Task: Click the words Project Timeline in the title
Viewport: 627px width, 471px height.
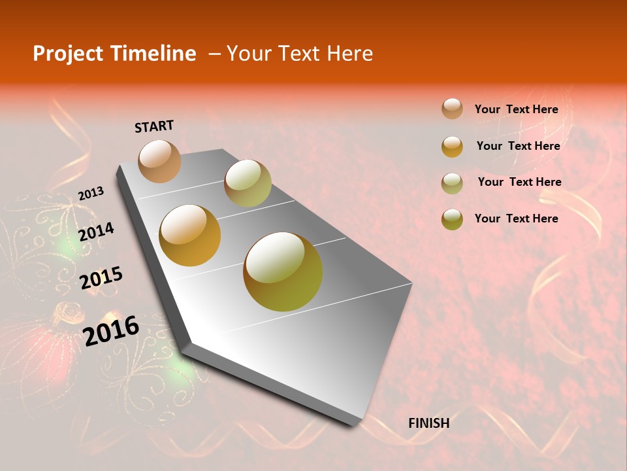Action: tap(114, 54)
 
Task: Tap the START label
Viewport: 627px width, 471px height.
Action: tap(154, 126)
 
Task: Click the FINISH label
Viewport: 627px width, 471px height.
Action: tap(428, 423)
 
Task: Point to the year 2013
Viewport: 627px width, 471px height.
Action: tap(91, 193)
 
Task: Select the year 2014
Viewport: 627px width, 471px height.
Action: tap(96, 232)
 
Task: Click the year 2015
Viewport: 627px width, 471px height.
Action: tap(101, 277)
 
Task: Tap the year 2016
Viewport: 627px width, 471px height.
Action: tap(111, 330)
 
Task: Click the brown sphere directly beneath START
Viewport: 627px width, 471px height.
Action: tap(159, 161)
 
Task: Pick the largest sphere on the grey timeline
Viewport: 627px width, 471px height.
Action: tap(283, 271)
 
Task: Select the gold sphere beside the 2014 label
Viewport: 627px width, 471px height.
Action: tap(190, 235)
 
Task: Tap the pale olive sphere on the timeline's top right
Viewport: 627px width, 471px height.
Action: tap(248, 183)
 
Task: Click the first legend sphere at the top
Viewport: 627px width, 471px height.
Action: tap(452, 109)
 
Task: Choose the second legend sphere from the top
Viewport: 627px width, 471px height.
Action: tap(452, 147)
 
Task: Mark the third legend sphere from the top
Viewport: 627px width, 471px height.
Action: tap(452, 183)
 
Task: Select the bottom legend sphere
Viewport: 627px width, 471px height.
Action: tap(452, 219)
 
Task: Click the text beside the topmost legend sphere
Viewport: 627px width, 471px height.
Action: tap(516, 110)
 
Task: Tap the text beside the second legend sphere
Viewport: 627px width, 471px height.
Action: tap(518, 146)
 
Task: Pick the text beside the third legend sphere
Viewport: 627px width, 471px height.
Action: tap(519, 182)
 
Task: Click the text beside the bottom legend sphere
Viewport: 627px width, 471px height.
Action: tap(516, 218)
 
